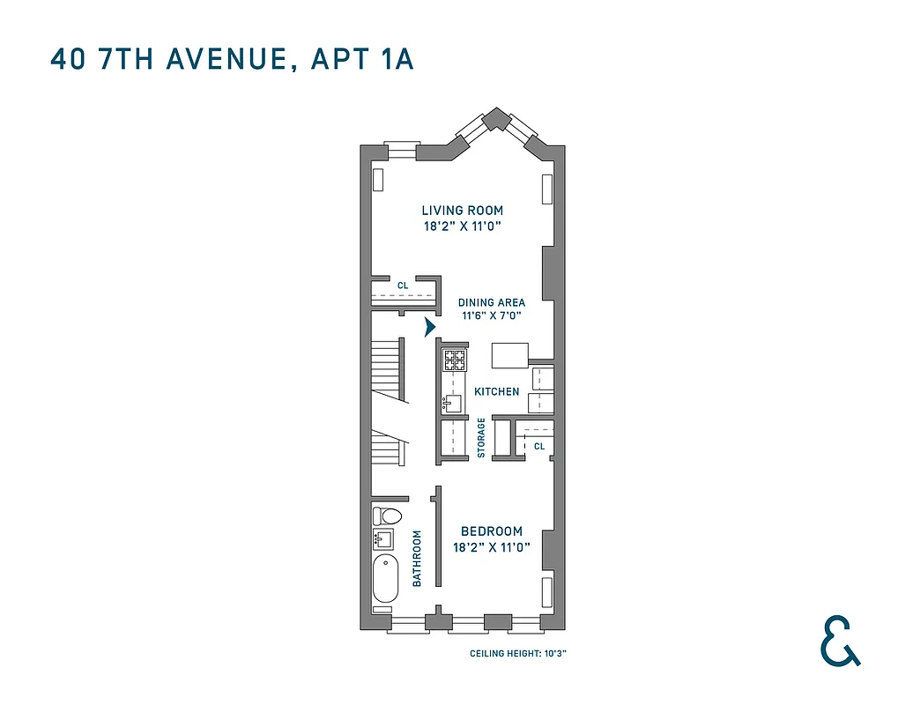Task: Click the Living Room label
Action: (462, 211)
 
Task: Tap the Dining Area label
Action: (491, 302)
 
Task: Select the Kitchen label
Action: (497, 391)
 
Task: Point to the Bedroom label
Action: (491, 531)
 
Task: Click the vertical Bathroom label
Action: (418, 558)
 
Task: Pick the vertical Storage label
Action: (481, 437)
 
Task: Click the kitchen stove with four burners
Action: (455, 359)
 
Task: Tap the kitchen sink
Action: (452, 404)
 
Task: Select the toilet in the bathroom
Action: (387, 516)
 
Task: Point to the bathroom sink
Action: (384, 539)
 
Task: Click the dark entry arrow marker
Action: (430, 327)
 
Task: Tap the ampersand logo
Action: (838, 641)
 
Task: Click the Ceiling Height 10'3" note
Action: (523, 654)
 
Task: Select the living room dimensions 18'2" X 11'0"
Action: (462, 226)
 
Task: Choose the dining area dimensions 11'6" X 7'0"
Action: (491, 316)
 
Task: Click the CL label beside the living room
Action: (402, 285)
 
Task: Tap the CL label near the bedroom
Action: (539, 446)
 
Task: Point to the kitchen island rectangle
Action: (510, 355)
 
